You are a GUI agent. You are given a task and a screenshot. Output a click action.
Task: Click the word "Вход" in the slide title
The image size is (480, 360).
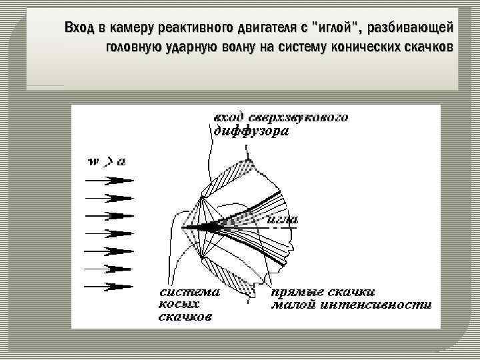(79, 28)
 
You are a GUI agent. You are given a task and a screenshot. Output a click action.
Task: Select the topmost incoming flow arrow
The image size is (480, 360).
(110, 180)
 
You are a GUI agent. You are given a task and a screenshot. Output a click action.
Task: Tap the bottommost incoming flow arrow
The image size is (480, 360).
(110, 286)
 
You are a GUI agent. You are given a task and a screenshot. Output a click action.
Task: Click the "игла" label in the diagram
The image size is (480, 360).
(282, 218)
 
